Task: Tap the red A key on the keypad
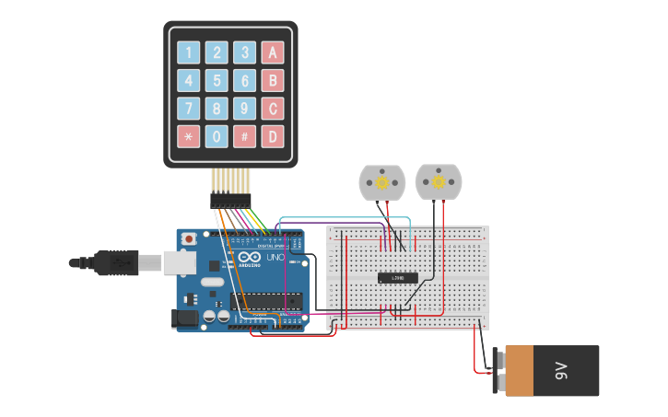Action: [x=272, y=52]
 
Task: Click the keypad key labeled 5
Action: [x=217, y=81]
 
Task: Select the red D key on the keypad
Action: [x=272, y=137]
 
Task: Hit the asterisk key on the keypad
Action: [x=189, y=137]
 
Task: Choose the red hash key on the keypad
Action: [x=244, y=137]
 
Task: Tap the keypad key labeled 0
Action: [x=217, y=137]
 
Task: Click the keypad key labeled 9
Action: [x=244, y=110]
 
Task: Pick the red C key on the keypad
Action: [x=272, y=110]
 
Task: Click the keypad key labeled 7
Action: [x=189, y=110]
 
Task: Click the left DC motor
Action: [x=381, y=182]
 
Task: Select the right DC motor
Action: [x=439, y=181]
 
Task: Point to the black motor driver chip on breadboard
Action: [x=398, y=277]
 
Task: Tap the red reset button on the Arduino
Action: [x=189, y=239]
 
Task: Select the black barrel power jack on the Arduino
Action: [x=185, y=319]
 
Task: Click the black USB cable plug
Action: [x=116, y=262]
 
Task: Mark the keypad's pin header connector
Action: [x=230, y=199]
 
